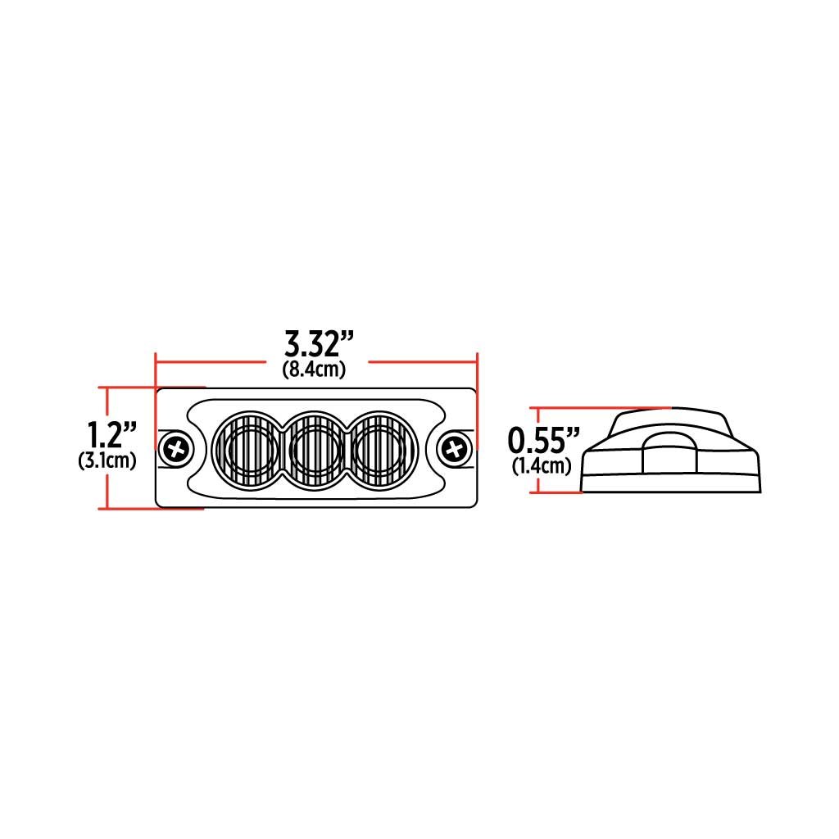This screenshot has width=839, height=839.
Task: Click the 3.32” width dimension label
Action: (x=320, y=344)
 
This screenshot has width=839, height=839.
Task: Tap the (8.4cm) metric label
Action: (x=314, y=370)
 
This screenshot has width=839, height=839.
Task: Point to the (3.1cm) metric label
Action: (x=107, y=460)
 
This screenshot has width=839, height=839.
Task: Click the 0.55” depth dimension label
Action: (x=544, y=440)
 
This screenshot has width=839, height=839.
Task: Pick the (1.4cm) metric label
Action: (x=542, y=466)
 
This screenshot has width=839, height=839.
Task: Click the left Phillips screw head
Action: (x=176, y=449)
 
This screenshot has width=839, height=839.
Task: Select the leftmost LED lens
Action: (x=247, y=449)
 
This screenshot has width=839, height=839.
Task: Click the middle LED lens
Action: (x=315, y=449)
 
